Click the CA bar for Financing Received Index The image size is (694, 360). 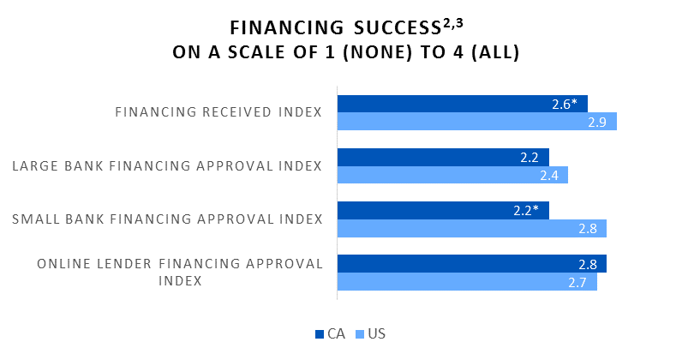[x=463, y=104]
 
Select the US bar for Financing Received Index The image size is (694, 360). [x=477, y=122]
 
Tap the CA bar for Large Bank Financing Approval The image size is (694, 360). [x=444, y=157]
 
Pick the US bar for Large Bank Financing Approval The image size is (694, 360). [x=452, y=175]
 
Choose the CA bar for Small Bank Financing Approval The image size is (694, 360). [x=444, y=210]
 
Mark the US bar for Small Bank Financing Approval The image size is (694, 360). [x=472, y=228]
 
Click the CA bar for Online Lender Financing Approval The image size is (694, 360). [x=472, y=263]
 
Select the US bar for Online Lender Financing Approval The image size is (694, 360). [x=468, y=282]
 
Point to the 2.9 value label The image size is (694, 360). [x=597, y=123]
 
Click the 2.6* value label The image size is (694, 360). [x=565, y=104]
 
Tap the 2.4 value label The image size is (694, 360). [x=549, y=176]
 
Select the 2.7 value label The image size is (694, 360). [x=577, y=282]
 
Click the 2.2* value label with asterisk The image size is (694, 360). [x=526, y=211]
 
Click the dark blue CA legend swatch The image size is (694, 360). [x=320, y=334]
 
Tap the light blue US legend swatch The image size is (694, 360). [x=360, y=334]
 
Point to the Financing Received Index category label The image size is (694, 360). [x=218, y=112]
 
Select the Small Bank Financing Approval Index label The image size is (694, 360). [x=167, y=219]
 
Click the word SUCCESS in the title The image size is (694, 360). [x=398, y=28]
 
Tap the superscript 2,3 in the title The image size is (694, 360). [x=452, y=23]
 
